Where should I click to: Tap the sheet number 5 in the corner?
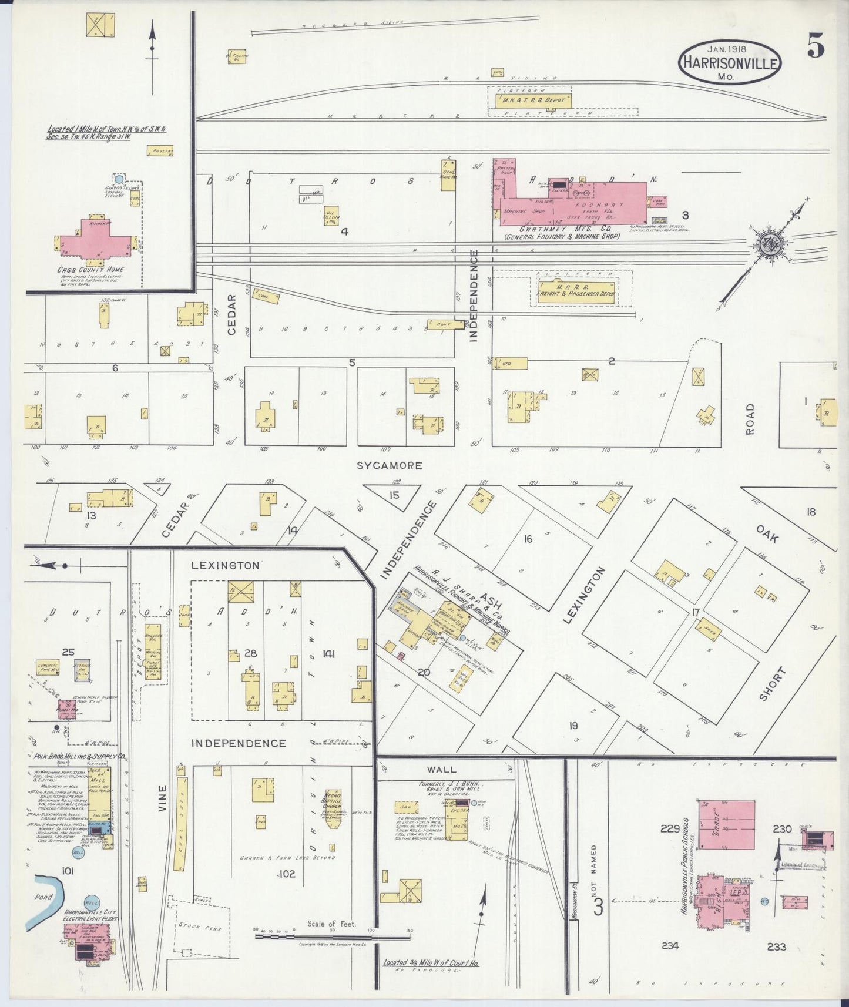[815, 45]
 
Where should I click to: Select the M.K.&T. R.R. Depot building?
[531, 100]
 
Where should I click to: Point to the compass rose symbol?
[767, 246]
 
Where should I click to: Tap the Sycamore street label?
[390, 466]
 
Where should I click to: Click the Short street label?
[772, 683]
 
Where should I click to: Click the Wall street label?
[441, 769]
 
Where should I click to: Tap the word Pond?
[43, 897]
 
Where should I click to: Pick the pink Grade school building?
[727, 824]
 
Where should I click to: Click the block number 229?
[669, 829]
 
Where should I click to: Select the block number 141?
[328, 653]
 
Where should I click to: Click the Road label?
[750, 419]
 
